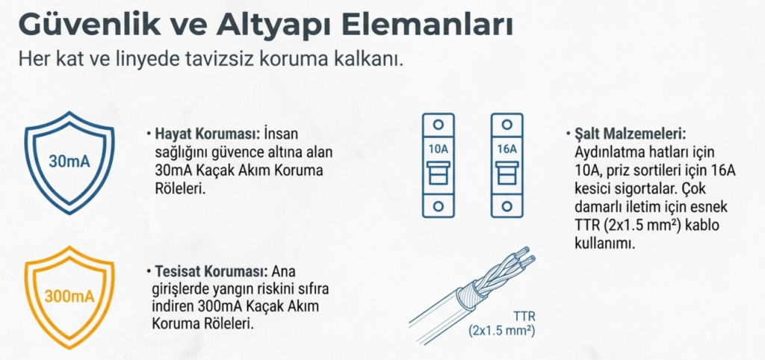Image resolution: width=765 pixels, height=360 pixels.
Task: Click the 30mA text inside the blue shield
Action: pyautogui.click(x=69, y=162)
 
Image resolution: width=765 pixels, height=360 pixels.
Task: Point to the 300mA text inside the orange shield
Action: pyautogui.click(x=69, y=296)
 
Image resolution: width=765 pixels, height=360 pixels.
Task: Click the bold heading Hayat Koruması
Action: pyautogui.click(x=208, y=134)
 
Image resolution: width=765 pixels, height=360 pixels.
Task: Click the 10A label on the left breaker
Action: pyautogui.click(x=438, y=149)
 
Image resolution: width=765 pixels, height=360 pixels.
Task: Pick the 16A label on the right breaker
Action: pyautogui.click(x=507, y=149)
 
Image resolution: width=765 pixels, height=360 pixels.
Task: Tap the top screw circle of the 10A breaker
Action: pyautogui.click(x=438, y=125)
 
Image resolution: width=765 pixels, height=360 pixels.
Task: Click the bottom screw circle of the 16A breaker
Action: pyautogui.click(x=507, y=206)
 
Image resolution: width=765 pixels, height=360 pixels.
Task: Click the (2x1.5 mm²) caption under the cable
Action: pyautogui.click(x=502, y=331)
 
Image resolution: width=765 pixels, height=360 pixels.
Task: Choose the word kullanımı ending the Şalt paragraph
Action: pyautogui.click(x=605, y=243)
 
